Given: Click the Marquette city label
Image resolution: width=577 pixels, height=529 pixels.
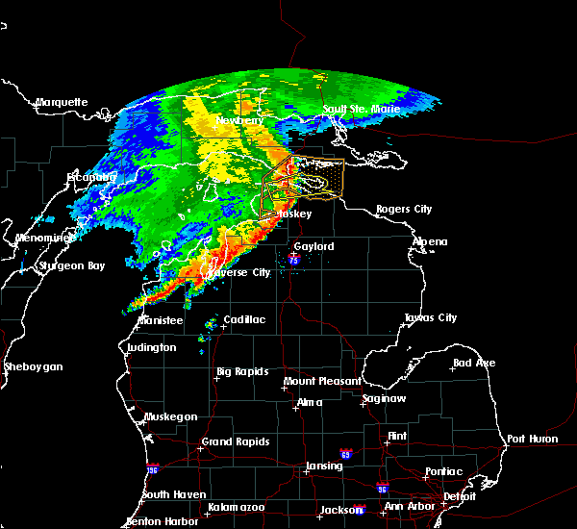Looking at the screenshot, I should point(62,102).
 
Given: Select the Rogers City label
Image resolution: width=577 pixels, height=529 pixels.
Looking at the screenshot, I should point(404,209).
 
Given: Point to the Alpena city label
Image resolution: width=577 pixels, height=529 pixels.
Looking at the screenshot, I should point(429,241).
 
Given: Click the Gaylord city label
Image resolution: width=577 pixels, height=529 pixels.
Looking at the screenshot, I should point(314,246).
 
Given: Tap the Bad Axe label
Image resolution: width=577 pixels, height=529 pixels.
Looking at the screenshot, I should point(474,363).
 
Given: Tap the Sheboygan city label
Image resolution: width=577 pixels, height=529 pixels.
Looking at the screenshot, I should point(34,366).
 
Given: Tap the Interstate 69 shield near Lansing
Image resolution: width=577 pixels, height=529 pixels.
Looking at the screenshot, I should point(344,453).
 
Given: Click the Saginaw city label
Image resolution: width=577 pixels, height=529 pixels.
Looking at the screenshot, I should point(383,398).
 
